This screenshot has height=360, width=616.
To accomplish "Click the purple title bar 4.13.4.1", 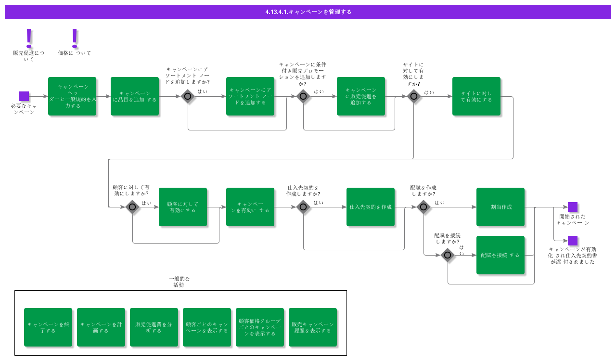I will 308,12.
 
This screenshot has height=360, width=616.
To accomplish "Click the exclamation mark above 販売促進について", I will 29,38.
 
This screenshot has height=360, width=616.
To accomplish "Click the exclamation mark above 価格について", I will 74,38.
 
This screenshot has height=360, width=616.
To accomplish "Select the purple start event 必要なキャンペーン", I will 24,96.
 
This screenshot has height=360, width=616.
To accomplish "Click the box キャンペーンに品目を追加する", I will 135,96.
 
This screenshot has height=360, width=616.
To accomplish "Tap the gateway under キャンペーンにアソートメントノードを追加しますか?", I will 188,96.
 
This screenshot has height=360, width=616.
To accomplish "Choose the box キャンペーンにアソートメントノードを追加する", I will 250,96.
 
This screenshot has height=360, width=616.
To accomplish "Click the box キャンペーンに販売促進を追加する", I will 361,96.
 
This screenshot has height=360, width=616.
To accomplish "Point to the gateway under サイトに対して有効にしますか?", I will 414,96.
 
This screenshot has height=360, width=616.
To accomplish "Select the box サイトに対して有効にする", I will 476,96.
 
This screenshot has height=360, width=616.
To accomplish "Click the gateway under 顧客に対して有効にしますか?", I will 132,207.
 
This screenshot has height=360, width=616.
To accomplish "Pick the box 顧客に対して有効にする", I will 183,207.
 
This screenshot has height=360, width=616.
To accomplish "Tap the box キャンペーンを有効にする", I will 250,207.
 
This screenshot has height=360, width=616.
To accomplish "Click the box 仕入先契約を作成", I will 371,207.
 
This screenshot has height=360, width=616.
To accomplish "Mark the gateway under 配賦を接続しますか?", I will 448,255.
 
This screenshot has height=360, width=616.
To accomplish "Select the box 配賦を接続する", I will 500,255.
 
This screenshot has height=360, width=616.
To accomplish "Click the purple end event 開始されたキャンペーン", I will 573,207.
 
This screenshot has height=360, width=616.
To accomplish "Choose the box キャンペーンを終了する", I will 48,327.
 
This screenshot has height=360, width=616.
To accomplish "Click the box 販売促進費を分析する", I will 154,327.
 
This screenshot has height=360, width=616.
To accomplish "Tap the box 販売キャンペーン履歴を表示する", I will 313,327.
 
